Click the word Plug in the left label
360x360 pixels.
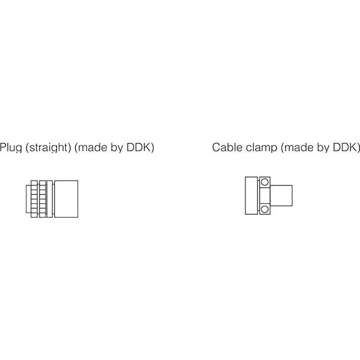[x=11, y=148]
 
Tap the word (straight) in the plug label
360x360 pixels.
[x=49, y=148]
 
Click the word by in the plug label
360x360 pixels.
[x=117, y=148]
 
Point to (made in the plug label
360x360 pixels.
[x=91, y=148]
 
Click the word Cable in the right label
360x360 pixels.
[x=227, y=148]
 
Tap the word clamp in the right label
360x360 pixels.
[x=262, y=148]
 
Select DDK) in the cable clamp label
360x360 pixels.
[x=346, y=148]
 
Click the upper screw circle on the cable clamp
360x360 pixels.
[x=265, y=182]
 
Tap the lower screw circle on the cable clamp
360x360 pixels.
[x=265, y=209]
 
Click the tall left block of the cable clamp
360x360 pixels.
[x=251, y=196]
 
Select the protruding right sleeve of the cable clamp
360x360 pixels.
[x=281, y=196]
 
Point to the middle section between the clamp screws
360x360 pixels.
[x=265, y=196]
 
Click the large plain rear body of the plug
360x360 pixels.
[x=66, y=199]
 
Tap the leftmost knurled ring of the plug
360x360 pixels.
[x=34, y=199]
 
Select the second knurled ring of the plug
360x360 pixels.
[x=43, y=199]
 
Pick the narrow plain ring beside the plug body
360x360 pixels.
[x=50, y=199]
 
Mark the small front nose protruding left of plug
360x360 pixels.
[x=28, y=199]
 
